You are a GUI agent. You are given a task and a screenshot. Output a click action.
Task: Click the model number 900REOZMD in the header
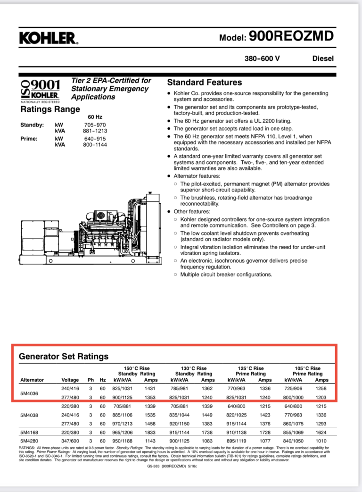(x=291, y=36)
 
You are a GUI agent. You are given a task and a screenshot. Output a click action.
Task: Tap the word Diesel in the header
(x=322, y=58)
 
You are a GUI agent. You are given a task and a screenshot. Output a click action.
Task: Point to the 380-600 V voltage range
(x=262, y=58)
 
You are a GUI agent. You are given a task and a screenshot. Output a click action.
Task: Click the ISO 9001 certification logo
(x=40, y=90)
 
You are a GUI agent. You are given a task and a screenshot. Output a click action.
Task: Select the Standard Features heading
(x=205, y=83)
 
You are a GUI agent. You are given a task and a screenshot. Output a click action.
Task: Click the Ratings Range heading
(x=50, y=109)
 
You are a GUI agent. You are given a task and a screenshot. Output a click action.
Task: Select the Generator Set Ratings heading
(x=64, y=356)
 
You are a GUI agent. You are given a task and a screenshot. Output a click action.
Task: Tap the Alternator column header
(x=32, y=380)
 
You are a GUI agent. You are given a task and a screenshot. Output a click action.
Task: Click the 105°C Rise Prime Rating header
(x=308, y=371)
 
